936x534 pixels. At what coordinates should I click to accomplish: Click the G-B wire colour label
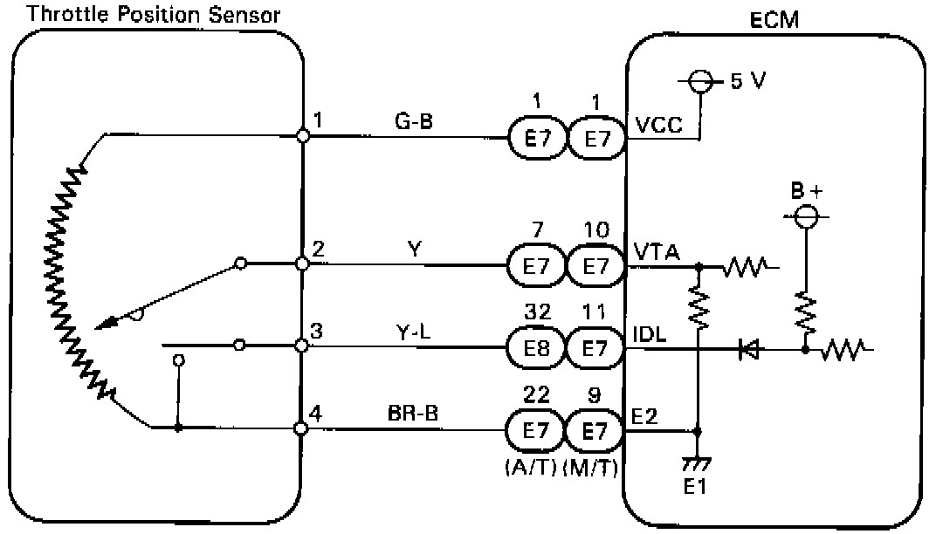[x=414, y=121]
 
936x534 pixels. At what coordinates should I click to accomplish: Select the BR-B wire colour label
[x=413, y=413]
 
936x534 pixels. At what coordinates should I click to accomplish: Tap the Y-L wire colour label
[x=413, y=332]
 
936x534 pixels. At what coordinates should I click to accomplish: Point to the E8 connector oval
[x=535, y=347]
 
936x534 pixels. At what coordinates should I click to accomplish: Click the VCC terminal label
[x=658, y=126]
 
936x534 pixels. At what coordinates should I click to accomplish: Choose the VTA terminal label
[x=657, y=252]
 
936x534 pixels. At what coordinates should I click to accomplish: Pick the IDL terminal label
[x=649, y=334]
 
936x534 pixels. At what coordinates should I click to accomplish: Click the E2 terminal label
[x=644, y=416]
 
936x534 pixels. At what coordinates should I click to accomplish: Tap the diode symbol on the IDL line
[x=748, y=349]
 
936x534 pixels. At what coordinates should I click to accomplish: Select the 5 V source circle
[x=701, y=81]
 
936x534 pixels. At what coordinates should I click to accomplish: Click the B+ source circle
[x=807, y=216]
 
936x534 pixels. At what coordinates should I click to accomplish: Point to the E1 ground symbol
[x=697, y=463]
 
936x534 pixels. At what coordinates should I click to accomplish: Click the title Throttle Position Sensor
[x=154, y=14]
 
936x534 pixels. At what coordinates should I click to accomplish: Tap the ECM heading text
[x=774, y=20]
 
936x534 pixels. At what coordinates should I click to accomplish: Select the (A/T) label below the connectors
[x=531, y=469]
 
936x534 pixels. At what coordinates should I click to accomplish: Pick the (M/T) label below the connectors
[x=590, y=469]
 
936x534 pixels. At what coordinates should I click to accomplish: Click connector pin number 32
[x=537, y=311]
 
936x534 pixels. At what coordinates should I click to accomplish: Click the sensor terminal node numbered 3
[x=302, y=346]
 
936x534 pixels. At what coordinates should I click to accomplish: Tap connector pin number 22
[x=537, y=394]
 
